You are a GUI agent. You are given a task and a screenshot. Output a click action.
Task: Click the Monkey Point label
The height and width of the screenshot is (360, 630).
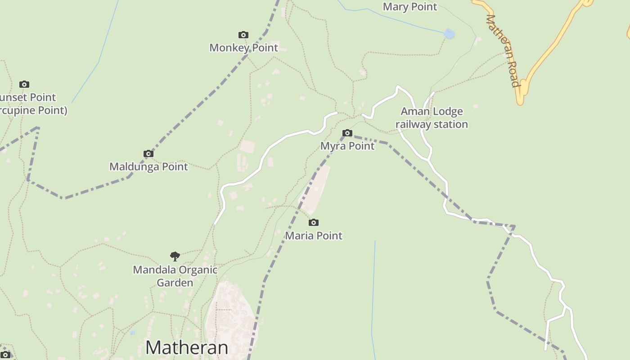point(243,47)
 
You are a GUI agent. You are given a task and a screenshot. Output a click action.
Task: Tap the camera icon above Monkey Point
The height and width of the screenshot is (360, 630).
point(243,35)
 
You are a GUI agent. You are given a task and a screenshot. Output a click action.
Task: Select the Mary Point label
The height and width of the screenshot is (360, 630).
point(409,7)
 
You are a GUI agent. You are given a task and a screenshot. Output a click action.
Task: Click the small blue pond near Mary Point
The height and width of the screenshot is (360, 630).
point(449,34)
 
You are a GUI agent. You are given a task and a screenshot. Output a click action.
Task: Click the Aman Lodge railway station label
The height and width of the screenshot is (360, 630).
point(432,117)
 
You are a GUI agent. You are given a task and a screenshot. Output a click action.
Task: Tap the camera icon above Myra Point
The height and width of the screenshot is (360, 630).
point(347,133)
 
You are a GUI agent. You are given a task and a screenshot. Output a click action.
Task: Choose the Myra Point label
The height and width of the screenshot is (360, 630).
point(347,146)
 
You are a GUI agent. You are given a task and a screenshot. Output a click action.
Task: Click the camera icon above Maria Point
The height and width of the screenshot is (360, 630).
point(314,222)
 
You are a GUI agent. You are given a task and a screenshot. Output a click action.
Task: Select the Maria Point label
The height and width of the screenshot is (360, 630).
point(314,235)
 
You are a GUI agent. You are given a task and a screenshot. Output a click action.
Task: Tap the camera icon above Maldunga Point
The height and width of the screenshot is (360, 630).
point(148,153)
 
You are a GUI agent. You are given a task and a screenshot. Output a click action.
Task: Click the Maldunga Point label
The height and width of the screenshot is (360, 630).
point(148,166)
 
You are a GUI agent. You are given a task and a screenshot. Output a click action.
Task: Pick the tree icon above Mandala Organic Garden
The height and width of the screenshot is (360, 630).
point(175,256)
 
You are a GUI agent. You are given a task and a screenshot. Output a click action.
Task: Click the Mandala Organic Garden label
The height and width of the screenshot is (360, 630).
point(175,276)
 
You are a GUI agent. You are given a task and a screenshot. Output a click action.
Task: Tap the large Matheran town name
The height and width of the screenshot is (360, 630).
point(186,347)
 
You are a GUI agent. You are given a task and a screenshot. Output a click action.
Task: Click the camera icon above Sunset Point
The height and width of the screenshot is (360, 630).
point(24,84)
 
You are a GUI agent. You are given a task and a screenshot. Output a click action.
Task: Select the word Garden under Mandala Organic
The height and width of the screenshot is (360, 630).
point(175,283)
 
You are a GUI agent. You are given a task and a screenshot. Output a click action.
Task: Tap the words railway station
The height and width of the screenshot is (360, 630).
point(432,124)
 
